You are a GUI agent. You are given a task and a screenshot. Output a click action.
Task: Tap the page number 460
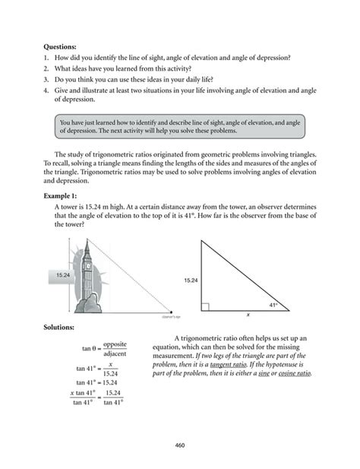pos(180,445)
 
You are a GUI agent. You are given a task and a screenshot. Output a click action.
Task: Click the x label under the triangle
pos(247,315)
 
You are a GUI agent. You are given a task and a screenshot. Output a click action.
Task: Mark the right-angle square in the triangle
pos(206,306)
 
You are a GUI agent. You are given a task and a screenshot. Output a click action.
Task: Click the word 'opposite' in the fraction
pos(115,344)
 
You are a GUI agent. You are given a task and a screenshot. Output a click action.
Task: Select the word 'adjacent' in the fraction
pos(115,354)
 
